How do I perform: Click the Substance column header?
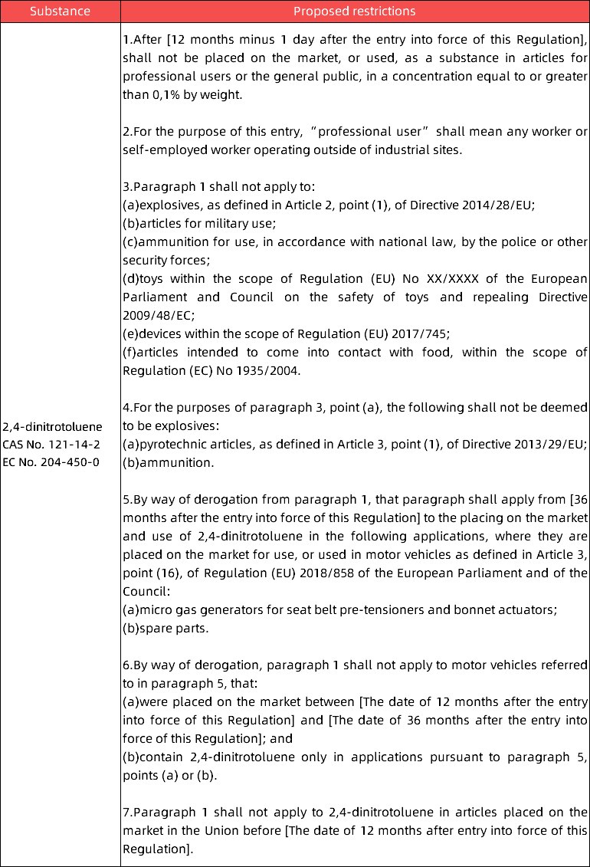point(60,11)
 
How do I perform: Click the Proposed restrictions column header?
point(355,11)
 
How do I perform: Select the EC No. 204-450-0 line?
point(51,463)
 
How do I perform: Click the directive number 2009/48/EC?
point(159,315)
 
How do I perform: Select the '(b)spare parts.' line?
point(165,629)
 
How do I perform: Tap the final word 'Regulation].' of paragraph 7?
point(157,849)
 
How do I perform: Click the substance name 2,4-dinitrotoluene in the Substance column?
point(52,426)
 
